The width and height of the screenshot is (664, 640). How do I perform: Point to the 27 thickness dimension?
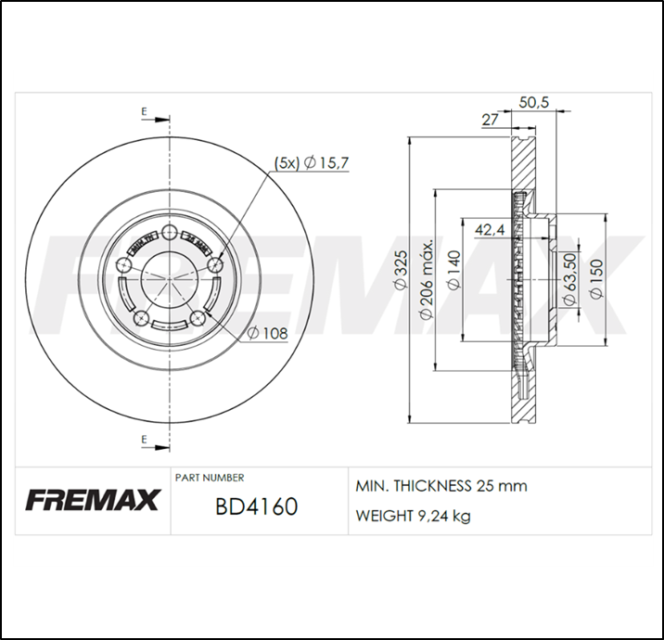[x=491, y=120]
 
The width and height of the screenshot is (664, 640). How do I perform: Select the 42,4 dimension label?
[x=490, y=229]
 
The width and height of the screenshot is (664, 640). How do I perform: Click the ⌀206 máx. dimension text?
[x=428, y=280]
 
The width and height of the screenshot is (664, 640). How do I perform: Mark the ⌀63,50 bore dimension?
[x=570, y=281]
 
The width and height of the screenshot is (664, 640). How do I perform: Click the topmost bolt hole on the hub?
[x=169, y=234]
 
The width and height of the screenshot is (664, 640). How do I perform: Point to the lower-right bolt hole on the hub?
[x=197, y=320]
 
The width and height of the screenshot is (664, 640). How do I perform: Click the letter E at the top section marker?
[x=144, y=112]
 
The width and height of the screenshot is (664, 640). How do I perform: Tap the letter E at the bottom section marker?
[x=144, y=438]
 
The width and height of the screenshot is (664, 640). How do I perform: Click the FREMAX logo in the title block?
[x=93, y=501]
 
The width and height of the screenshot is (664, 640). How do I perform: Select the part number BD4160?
[x=256, y=507]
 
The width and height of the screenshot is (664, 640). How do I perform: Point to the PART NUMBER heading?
[x=210, y=478]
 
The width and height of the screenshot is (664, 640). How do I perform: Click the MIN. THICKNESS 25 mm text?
[x=441, y=486]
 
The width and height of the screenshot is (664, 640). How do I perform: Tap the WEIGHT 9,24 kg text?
[x=413, y=516]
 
